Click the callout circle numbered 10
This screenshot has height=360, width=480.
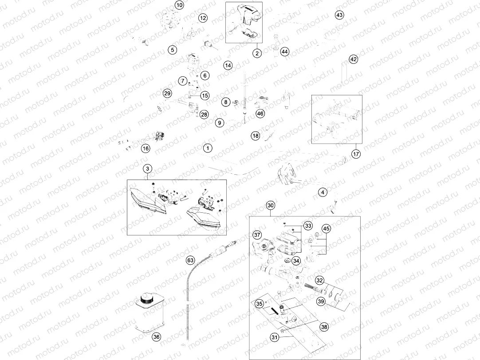click(179, 5)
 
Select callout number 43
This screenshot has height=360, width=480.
click(339, 15)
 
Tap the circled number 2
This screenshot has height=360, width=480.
click(257, 53)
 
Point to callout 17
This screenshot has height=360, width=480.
click(356, 154)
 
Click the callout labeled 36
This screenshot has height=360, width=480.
click(157, 337)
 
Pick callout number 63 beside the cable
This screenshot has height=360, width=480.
click(190, 260)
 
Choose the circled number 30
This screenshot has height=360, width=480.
click(271, 206)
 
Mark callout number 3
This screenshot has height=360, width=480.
click(148, 168)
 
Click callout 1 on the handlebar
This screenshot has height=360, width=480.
click(208, 149)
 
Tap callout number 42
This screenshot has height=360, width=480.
click(353, 59)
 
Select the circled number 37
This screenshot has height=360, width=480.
click(257, 235)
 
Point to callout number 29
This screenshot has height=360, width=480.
click(167, 93)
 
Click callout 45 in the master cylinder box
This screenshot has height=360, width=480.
click(327, 228)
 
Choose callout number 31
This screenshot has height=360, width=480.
click(275, 337)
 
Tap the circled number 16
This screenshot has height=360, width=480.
click(146, 149)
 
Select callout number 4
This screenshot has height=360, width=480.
click(323, 192)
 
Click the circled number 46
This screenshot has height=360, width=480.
click(260, 113)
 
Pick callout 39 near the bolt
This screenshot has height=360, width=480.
click(321, 301)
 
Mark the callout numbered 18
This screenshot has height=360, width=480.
click(256, 136)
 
